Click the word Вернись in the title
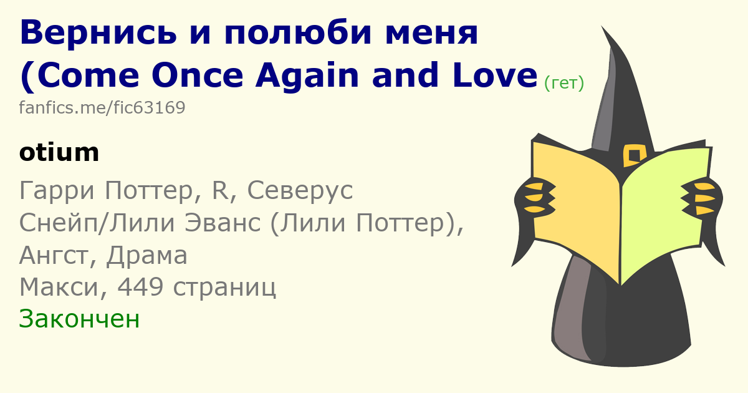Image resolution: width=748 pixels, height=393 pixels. pos(98,33)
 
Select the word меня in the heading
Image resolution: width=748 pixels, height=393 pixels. pos(432,33)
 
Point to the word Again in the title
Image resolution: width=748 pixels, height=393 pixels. pos(307,76)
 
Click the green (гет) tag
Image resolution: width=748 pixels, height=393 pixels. pos(564,83)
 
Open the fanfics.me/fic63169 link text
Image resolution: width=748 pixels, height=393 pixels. pos(102,107)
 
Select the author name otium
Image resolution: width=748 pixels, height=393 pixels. pos(59,152)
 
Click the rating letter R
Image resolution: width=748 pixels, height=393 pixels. pos(219,190)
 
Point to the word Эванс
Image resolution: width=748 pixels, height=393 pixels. pos(223,223)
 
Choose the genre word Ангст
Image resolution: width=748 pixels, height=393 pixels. pos(54,255)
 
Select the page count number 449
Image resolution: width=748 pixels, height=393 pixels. pos(141,287)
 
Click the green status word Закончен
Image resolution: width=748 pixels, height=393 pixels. pos(79,319)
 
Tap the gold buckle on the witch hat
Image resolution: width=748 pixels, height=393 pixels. pos(635,155)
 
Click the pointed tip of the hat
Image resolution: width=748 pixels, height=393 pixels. pos(602,26)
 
